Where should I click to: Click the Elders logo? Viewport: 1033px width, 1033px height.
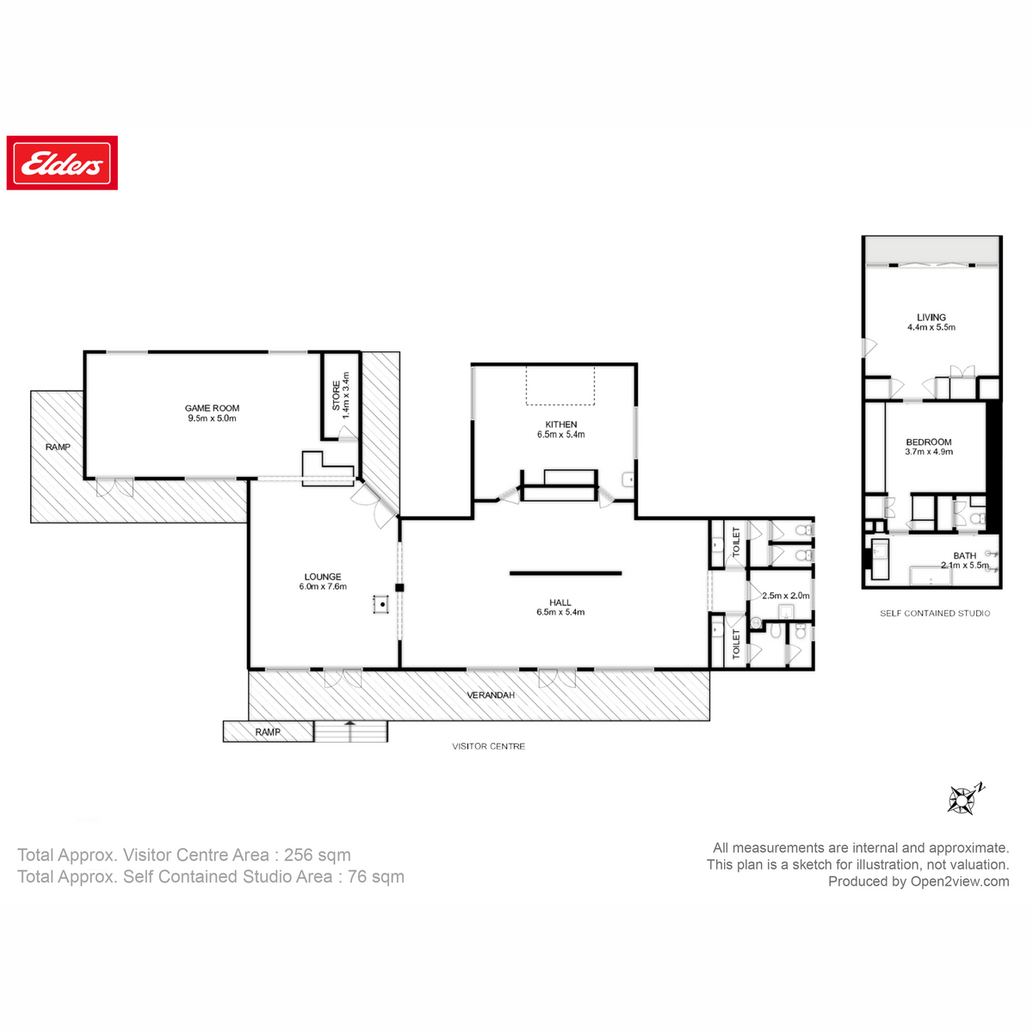(62, 163)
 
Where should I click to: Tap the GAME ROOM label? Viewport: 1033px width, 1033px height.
(212, 409)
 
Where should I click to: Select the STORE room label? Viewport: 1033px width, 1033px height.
(337, 395)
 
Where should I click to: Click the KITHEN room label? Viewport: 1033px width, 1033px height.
(560, 424)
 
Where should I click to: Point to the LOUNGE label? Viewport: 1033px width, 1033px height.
(322, 577)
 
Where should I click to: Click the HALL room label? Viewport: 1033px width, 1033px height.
(560, 603)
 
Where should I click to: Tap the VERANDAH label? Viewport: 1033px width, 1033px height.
(491, 695)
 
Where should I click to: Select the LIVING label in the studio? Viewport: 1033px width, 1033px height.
(931, 317)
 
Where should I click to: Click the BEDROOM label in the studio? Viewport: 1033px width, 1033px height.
(929, 442)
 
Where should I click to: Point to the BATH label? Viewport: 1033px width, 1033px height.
(964, 556)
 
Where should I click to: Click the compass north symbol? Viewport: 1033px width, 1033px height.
(962, 799)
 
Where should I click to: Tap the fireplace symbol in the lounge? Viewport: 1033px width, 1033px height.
(380, 604)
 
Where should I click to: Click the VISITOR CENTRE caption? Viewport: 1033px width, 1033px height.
(488, 746)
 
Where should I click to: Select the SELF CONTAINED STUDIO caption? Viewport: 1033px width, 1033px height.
(934, 614)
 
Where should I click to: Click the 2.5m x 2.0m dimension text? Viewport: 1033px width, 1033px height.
(785, 596)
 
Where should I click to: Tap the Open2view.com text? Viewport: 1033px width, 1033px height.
(959, 881)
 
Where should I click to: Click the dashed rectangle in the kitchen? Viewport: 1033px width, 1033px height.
(560, 385)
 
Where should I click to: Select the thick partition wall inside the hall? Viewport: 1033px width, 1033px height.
(565, 573)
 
